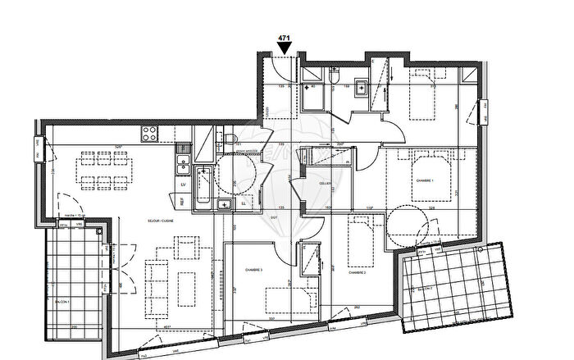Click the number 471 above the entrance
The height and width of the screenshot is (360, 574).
[x=285, y=38]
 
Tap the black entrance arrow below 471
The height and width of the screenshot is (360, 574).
[x=285, y=49]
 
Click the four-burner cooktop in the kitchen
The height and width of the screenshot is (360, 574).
[x=150, y=131]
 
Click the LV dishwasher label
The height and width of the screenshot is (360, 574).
[x=181, y=185]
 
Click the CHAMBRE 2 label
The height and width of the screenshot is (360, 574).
[x=356, y=272]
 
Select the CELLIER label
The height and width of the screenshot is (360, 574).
[x=324, y=184]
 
